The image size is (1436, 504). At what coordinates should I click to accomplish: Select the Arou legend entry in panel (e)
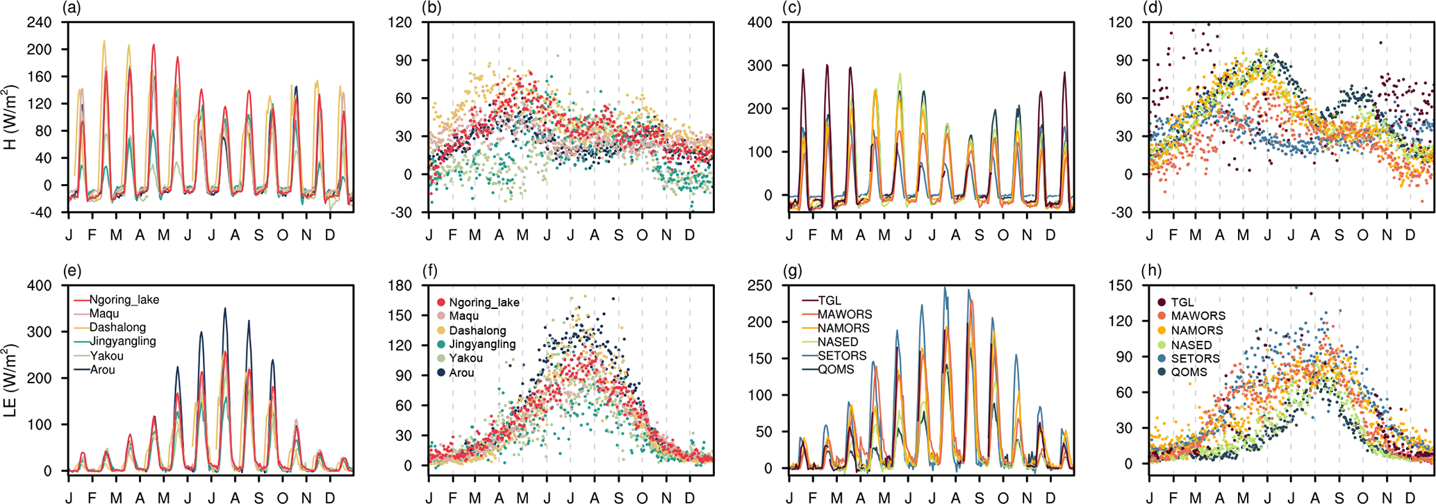click(x=102, y=370)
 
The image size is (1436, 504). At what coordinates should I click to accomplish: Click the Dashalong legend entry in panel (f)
click(x=477, y=330)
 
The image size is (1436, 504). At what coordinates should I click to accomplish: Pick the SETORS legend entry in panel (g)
click(x=842, y=355)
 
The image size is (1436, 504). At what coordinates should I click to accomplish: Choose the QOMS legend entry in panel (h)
click(x=1189, y=372)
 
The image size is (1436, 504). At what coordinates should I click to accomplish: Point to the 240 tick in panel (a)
click(x=40, y=22)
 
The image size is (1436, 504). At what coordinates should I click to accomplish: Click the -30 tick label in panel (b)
click(x=402, y=213)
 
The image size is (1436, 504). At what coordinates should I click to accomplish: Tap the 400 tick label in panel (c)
click(x=760, y=22)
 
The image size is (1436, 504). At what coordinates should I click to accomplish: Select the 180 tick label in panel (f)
click(x=400, y=285)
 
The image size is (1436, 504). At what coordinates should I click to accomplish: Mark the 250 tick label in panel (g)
click(x=760, y=285)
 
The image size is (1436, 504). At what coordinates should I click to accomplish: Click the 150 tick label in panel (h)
click(x=1120, y=285)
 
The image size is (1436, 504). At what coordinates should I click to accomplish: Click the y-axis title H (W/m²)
click(x=10, y=117)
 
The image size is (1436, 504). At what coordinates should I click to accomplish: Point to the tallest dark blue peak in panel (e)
click(x=224, y=309)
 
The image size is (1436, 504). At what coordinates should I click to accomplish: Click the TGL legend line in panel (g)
click(x=808, y=301)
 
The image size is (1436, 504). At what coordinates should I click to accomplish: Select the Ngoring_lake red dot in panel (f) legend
click(x=441, y=303)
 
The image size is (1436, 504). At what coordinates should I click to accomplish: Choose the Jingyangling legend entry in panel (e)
click(x=122, y=342)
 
